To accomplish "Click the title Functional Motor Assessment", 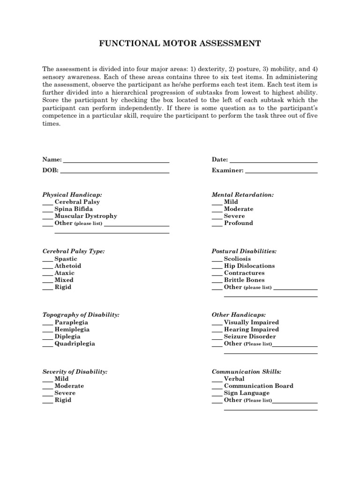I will click(x=180, y=44).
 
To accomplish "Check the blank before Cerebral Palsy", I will click(x=47, y=203).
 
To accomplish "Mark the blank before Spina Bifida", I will click(x=47, y=210).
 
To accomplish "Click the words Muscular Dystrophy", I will click(x=86, y=216).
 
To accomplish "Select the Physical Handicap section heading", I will click(x=72, y=195).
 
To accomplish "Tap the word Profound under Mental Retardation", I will click(x=238, y=223).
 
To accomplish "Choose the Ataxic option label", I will click(x=64, y=273).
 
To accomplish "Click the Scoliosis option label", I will click(x=237, y=259).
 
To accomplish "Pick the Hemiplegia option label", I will click(x=72, y=330).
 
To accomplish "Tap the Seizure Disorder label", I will click(x=250, y=337).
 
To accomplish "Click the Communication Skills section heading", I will click(x=247, y=372).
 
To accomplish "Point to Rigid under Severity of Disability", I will click(x=63, y=400).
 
